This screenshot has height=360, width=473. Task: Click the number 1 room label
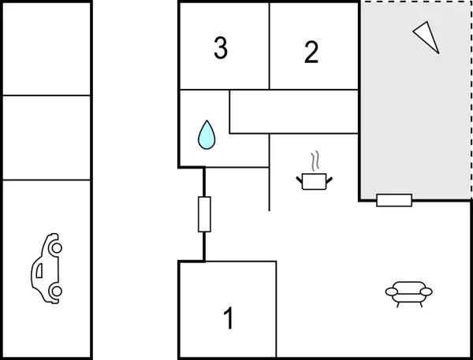tap(229, 319)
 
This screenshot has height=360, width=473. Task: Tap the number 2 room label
tap(311, 52)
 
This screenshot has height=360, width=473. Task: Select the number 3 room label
tap(221, 48)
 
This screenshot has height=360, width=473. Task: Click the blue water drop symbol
tap(207, 135)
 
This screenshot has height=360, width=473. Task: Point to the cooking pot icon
tap(315, 182)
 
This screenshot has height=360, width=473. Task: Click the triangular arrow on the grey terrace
tap(426, 35)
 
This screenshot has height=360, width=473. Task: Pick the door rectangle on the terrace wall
tap(394, 200)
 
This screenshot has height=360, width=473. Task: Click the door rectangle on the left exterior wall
tap(204, 213)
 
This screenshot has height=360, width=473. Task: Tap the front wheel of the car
tap(55, 247)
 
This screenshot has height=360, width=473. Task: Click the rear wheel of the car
tap(55, 291)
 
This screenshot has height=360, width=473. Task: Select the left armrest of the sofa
tap(392, 292)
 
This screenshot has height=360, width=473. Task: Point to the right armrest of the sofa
tap(426, 291)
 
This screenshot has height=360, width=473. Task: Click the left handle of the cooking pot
tap(300, 181)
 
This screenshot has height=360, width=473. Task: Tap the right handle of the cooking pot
tap(330, 180)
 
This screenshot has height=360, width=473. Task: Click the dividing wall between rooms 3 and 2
tap(270, 46)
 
